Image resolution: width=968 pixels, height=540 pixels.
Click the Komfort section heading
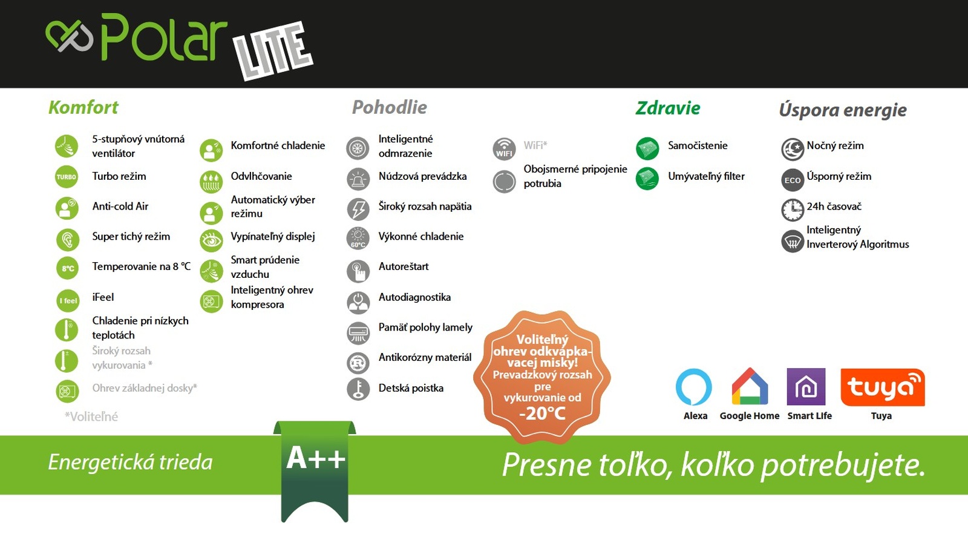click(x=83, y=108)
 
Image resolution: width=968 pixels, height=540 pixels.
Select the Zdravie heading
click(x=668, y=108)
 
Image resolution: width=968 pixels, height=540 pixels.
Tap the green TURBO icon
click(x=67, y=177)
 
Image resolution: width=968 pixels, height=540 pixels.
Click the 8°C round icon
click(x=68, y=268)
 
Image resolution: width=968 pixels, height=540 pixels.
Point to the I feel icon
click(x=68, y=300)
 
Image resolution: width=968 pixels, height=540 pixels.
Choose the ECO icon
click(x=793, y=180)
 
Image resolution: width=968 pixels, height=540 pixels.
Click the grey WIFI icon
click(x=505, y=149)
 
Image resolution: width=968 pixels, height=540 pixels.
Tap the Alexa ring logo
click(x=693, y=386)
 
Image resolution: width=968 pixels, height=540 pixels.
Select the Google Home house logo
click(x=750, y=386)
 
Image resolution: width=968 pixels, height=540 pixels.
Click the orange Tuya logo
click(x=883, y=387)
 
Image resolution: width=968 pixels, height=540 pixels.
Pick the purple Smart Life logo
click(x=806, y=386)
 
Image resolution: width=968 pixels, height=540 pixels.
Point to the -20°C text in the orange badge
click(x=542, y=413)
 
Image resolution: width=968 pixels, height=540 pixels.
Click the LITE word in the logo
click(x=273, y=51)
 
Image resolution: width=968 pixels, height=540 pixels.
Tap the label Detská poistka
click(x=411, y=388)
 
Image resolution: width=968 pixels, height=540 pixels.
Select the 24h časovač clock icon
click(x=793, y=209)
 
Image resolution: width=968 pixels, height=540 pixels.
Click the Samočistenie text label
click(x=698, y=146)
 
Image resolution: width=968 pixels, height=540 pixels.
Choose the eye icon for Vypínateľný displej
click(x=211, y=240)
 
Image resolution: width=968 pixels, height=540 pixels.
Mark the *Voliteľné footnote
click(x=91, y=417)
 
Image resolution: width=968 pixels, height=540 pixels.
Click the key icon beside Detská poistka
click(x=358, y=389)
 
